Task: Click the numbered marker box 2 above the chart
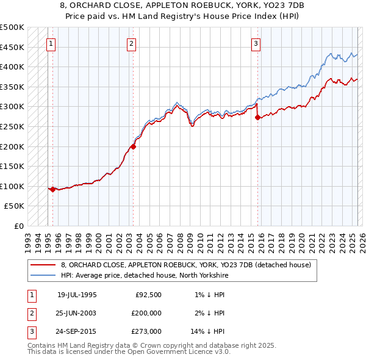[132, 43]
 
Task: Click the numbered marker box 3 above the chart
[256, 43]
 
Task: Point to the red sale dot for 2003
[133, 146]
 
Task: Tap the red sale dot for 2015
[257, 118]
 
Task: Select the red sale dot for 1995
[53, 189]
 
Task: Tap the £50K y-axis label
[15, 206]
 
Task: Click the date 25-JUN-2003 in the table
[77, 312]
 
